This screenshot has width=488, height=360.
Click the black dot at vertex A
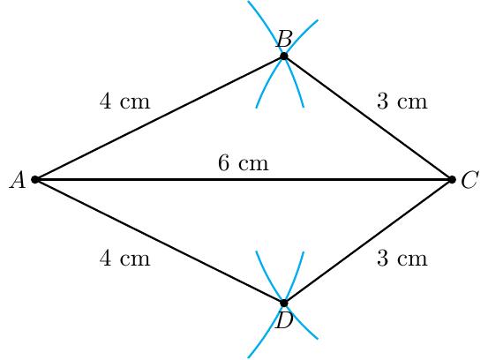click(x=35, y=179)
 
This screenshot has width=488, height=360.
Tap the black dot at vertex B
click(x=284, y=56)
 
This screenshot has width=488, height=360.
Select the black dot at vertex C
click(x=452, y=179)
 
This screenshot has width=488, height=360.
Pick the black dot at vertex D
click(x=284, y=303)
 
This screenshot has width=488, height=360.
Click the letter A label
click(x=18, y=180)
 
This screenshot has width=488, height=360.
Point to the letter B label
click(x=284, y=39)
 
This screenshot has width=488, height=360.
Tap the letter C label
click(x=469, y=180)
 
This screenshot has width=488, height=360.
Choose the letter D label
click(x=284, y=320)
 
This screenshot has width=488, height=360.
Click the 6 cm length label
click(x=243, y=163)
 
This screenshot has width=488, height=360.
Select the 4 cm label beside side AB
click(x=124, y=101)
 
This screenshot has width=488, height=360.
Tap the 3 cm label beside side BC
click(x=402, y=101)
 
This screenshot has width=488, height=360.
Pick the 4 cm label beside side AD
click(x=124, y=259)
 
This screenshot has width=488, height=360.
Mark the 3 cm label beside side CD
click(x=402, y=259)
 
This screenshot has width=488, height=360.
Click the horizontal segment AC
click(x=244, y=179)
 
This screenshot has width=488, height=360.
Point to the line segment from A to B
click(x=160, y=118)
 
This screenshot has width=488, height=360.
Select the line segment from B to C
click(x=368, y=118)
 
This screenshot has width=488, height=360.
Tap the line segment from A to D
click(x=160, y=241)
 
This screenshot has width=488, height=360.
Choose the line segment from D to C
click(x=368, y=241)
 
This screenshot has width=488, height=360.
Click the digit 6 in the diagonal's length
click(x=223, y=163)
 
